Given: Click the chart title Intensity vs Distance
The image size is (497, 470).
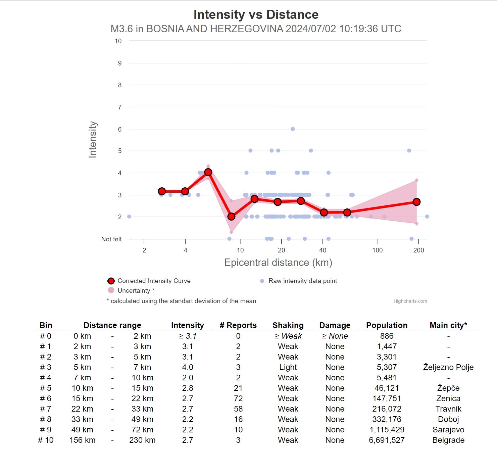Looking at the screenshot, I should pos(256,14).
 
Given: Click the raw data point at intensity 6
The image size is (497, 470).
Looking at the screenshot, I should pos(293,129).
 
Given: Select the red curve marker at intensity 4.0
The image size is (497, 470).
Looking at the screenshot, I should pos(208,172).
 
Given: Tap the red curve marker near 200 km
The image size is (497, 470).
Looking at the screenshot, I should pos(416,202).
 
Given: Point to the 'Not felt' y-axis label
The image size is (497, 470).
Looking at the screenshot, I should pos(111,239).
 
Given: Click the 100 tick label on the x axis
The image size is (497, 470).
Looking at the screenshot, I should pos(377,250).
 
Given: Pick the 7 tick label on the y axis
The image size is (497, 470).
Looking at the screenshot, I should pos(119,107).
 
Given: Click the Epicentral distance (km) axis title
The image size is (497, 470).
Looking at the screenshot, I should pos(278,263).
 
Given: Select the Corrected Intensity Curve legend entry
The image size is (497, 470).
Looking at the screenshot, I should pos(154,281).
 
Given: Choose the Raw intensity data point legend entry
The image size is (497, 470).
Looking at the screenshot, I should pos(302,281).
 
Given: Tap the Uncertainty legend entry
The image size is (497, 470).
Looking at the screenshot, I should pos(136,290).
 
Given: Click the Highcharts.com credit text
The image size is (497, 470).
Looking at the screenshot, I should pos(410,301).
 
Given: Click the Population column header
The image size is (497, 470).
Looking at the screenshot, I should pos(387,325).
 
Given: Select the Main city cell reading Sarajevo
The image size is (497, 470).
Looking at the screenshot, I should pos(448,430).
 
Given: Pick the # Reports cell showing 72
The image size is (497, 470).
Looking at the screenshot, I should pos(238,398).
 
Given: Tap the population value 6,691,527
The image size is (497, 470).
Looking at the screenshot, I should pos(387,440).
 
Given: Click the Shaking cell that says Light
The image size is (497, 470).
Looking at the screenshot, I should pos(288,367).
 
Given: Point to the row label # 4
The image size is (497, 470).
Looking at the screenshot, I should pos(46,378).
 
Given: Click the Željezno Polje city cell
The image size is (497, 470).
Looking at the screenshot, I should pos(448,367).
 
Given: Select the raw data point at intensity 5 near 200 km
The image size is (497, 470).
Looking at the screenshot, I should pos(409,151).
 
